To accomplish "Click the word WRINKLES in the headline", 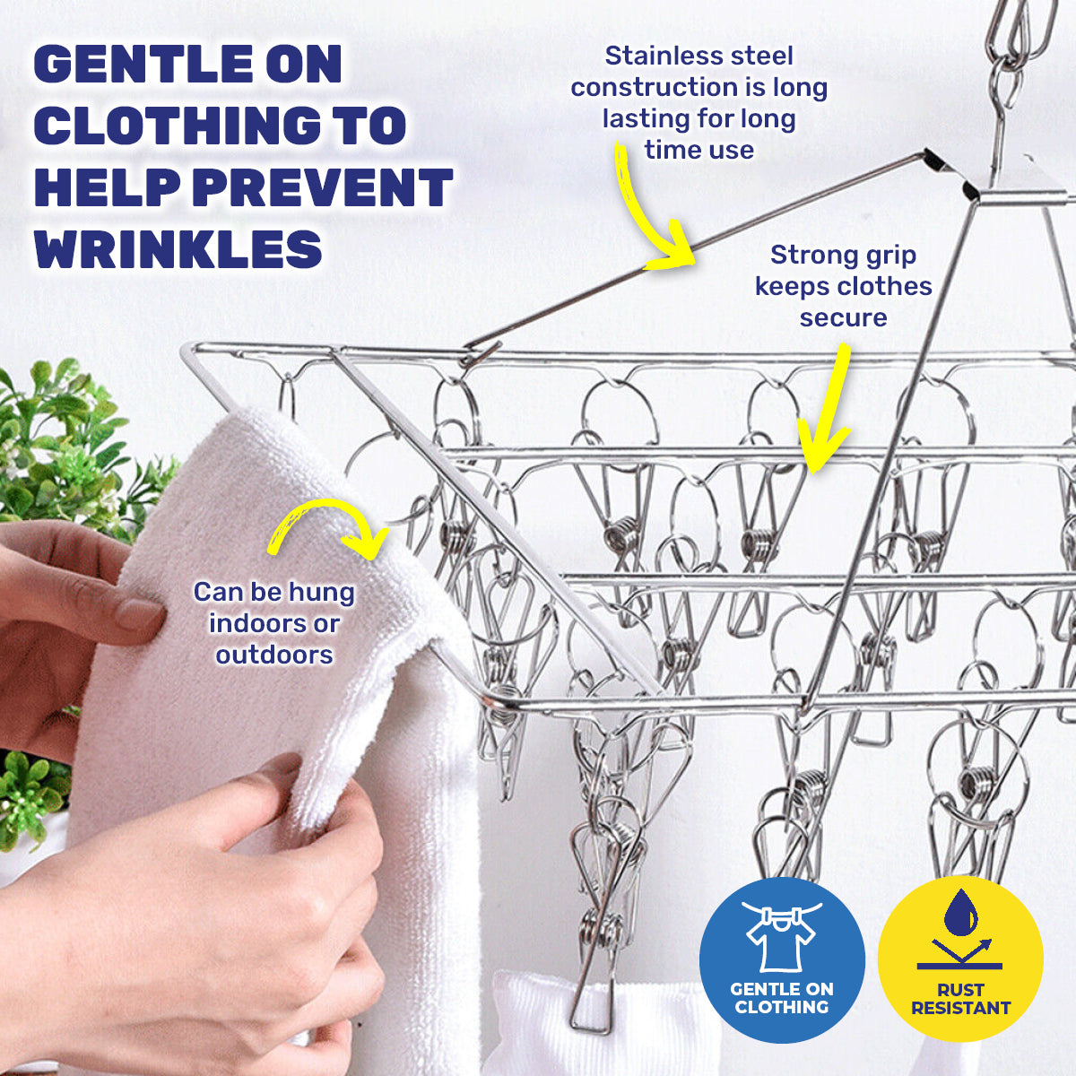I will [x=178, y=249].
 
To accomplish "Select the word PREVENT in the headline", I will [x=322, y=187].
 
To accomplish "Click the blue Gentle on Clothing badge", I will [x=781, y=960].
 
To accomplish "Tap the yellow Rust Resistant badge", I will [x=960, y=960].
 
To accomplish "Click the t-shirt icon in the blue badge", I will [x=781, y=938].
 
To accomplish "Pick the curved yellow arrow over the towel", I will [x=327, y=529].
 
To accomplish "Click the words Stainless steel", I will [x=699, y=56].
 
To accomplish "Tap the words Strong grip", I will [x=843, y=255].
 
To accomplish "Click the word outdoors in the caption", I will [x=274, y=655].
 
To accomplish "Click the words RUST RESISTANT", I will [x=960, y=999].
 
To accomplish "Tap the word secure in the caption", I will [x=843, y=317].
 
